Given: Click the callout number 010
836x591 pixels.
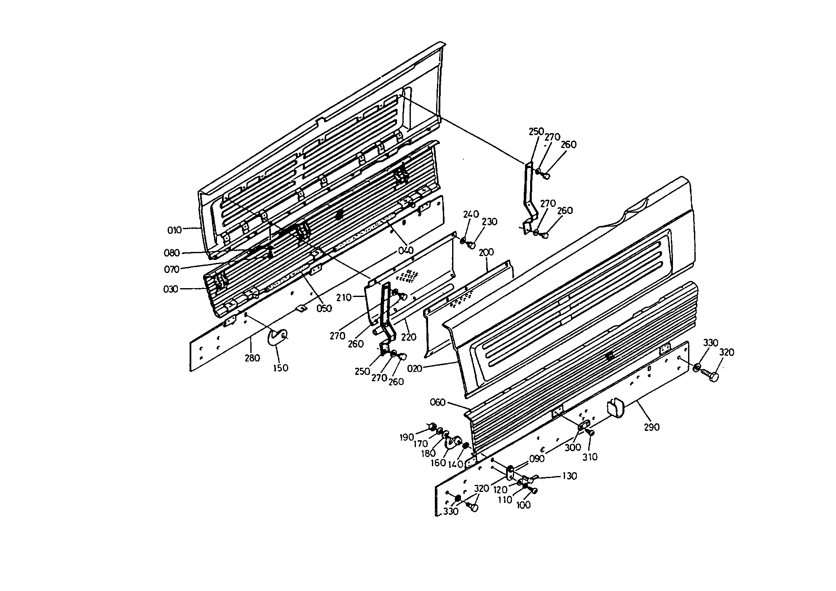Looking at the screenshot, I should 174,230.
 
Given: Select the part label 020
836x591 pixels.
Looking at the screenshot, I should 415,369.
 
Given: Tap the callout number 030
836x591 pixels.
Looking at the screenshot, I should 170,289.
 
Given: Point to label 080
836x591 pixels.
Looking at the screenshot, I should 171,253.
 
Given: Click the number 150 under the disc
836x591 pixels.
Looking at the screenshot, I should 280,368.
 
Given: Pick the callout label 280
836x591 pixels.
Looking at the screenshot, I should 252,358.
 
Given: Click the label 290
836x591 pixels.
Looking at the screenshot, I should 651,427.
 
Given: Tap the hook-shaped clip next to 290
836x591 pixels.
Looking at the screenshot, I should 614,408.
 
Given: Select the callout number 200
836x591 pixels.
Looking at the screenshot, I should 486,252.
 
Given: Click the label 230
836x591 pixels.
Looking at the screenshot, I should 490,222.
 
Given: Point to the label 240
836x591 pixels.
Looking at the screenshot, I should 471,214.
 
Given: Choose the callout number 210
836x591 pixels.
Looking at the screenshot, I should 344,297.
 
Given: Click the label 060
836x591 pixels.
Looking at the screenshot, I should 437,402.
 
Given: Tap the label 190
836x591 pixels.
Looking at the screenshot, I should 407,437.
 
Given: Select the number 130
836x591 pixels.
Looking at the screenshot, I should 570,476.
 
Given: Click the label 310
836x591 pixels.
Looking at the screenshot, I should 590,457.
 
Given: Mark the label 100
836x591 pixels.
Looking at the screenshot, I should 523,505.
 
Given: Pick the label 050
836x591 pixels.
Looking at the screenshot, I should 324,308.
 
